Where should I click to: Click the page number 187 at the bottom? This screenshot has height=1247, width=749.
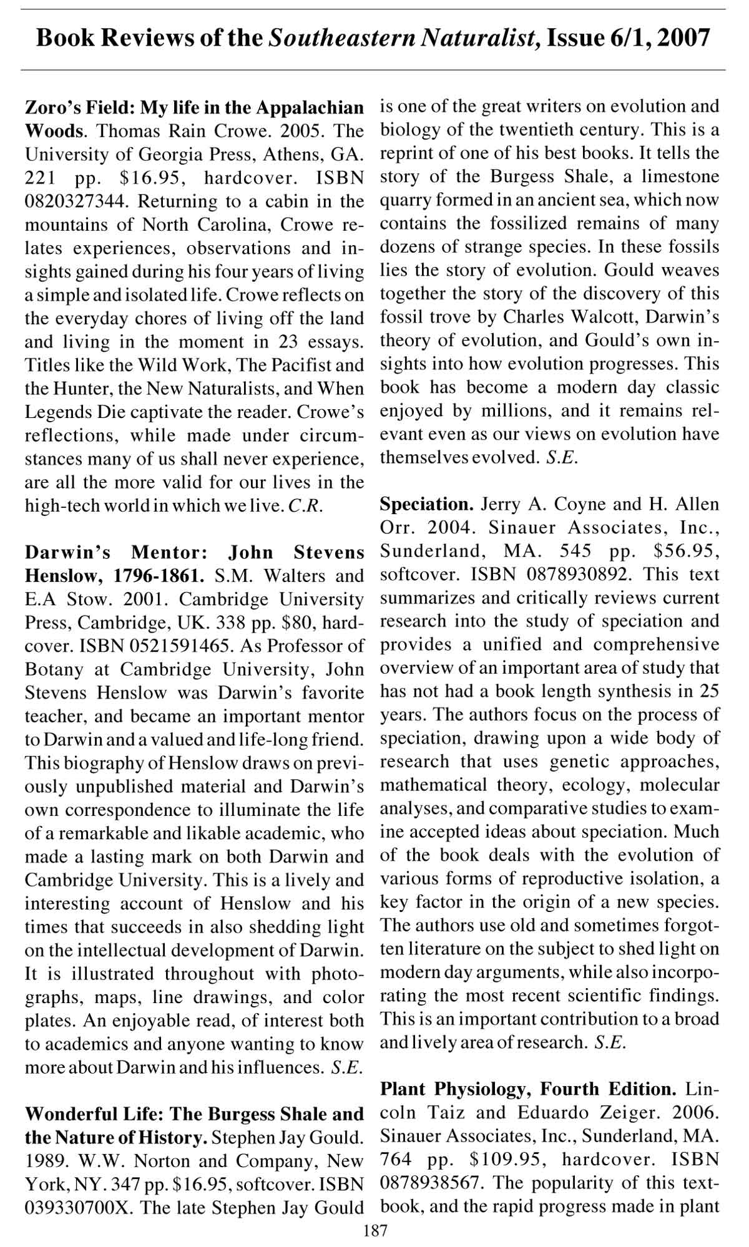(374, 1231)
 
